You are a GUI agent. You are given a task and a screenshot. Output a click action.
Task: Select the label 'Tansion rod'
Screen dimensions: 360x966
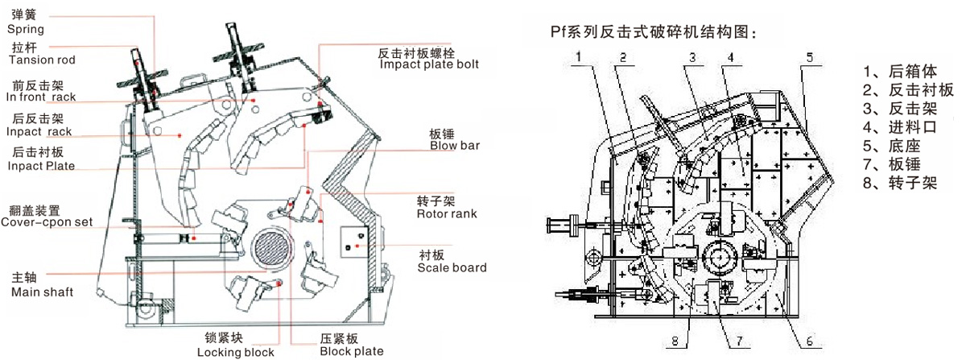[x=41, y=60]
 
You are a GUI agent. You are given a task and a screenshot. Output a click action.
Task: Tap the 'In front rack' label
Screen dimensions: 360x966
[x=40, y=97]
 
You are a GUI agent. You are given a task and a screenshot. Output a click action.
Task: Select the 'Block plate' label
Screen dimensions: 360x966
[x=351, y=351]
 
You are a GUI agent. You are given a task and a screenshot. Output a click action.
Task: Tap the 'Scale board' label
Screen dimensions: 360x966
[x=452, y=267]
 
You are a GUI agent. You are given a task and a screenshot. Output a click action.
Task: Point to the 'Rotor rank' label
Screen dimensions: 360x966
[x=447, y=213]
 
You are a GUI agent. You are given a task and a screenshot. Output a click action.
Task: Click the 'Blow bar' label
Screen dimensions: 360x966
[x=455, y=147]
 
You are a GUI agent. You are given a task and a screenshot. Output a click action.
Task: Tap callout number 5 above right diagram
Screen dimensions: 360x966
[x=810, y=56]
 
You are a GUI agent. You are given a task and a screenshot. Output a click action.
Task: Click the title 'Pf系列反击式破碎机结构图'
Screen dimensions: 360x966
[x=654, y=32]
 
